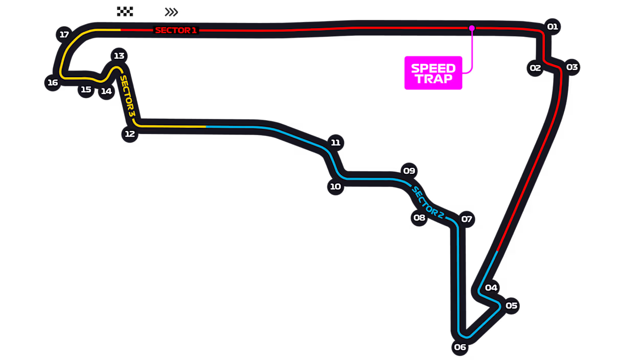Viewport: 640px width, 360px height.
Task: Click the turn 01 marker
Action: [553, 27]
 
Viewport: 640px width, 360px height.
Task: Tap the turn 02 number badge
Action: [535, 68]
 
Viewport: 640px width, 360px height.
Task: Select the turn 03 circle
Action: [572, 67]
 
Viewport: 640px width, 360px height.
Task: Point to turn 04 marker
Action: [491, 287]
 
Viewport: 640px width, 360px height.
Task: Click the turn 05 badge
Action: [511, 306]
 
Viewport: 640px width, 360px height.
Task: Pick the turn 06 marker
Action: [460, 347]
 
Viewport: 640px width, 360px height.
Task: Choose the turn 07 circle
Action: [467, 219]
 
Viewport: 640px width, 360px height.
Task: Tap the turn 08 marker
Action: [419, 218]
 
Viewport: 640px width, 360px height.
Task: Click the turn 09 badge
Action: [409, 171]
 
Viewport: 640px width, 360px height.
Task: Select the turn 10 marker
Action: [335, 187]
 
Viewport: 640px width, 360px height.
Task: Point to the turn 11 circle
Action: [335, 143]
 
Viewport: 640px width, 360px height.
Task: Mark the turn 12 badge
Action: [130, 133]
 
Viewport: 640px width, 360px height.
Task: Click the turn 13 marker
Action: [119, 56]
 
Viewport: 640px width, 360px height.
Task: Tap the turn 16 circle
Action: [53, 83]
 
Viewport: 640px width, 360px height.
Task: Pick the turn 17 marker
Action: [64, 35]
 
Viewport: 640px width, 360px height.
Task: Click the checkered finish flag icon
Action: [125, 11]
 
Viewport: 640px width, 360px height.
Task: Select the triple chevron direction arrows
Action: [171, 12]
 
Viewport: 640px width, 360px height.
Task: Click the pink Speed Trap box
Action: [433, 73]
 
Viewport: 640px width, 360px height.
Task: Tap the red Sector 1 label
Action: [176, 30]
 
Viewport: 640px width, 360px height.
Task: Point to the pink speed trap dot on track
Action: [472, 28]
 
